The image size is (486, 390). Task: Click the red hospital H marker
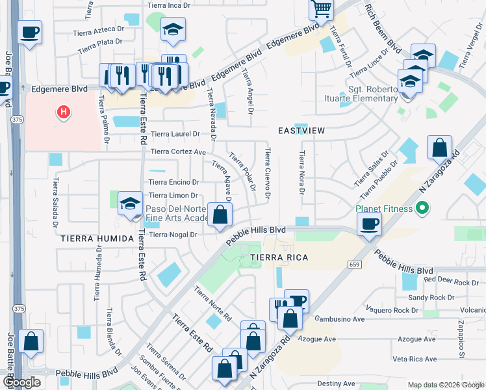point(63,112)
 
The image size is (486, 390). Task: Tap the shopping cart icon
point(321,10)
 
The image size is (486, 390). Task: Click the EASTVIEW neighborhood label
point(301,131)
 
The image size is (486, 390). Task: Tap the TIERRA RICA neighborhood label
point(278,258)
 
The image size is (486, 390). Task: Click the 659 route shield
point(354,265)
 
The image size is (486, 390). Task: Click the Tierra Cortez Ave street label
point(178,152)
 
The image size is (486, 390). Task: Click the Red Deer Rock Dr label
point(451,282)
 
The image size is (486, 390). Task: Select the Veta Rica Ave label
point(414,359)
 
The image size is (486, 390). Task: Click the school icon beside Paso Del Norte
point(131,204)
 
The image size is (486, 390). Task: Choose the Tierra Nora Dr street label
point(301,173)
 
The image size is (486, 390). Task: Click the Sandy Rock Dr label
point(432,297)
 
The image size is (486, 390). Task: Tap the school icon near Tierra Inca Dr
point(173,29)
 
